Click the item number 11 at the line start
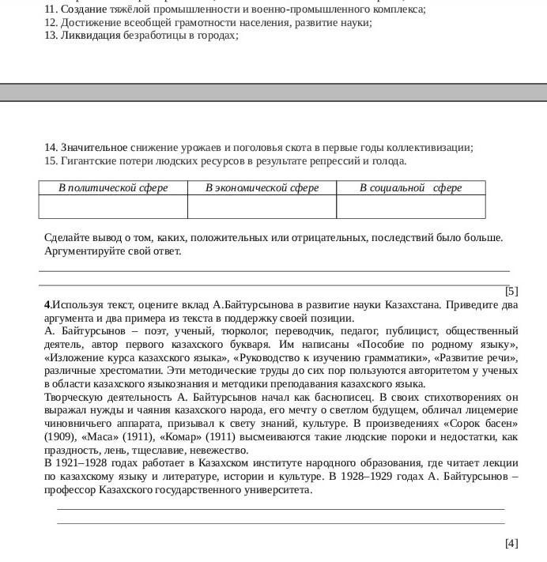click(x=51, y=9)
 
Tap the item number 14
click(x=51, y=148)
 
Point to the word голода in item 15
click(x=388, y=161)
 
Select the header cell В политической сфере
click(x=113, y=188)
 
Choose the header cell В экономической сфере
click(x=262, y=188)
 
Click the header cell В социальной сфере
click(x=410, y=188)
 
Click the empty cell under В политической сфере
click(x=113, y=206)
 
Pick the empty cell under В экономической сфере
click(x=262, y=206)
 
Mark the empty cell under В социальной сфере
click(x=410, y=206)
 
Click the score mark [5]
click(x=511, y=291)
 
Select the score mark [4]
click(x=511, y=543)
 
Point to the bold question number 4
click(x=48, y=304)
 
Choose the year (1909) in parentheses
click(x=62, y=436)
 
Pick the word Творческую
click(x=75, y=397)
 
